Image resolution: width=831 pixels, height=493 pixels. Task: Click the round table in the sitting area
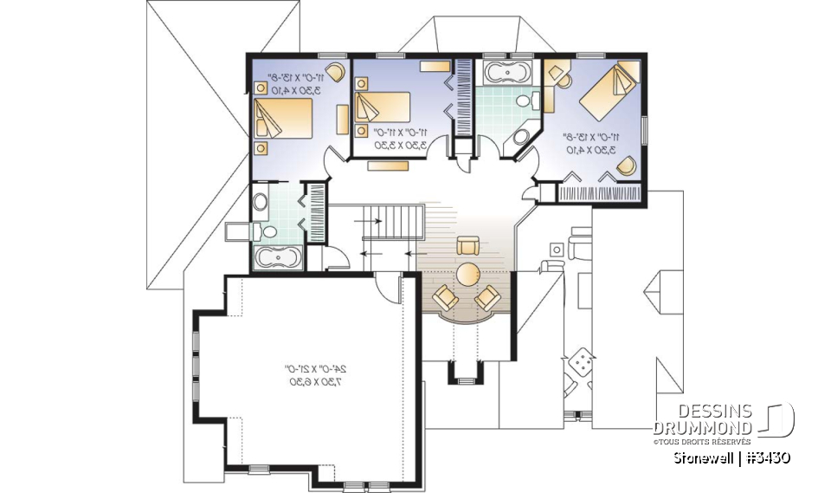coord(468,275)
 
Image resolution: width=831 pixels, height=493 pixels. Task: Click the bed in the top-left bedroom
coord(283,120)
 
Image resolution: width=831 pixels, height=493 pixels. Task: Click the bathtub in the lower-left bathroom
coord(277,256)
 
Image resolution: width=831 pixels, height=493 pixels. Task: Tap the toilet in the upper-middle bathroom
coord(525,102)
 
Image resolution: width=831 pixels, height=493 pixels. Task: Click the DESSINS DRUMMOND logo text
coord(704,419)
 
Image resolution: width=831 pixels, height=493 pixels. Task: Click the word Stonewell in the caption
coord(703,457)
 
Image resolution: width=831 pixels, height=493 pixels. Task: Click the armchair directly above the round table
coord(468,245)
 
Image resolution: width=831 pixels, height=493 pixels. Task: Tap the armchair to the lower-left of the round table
coord(447,298)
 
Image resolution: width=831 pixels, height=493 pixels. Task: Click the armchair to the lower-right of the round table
coord(487,298)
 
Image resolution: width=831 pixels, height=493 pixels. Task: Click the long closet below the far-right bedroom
coord(602,192)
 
